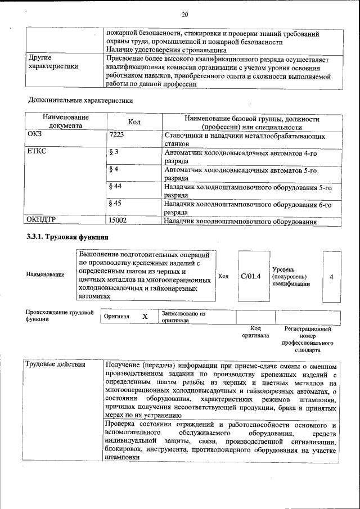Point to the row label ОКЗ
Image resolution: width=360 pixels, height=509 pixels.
coord(35,136)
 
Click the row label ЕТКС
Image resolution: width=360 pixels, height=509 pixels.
coord(37,152)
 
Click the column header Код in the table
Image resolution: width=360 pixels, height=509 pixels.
coord(134,122)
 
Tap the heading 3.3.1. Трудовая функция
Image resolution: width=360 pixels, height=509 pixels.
coord(67,237)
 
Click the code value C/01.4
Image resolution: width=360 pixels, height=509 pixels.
coord(250,276)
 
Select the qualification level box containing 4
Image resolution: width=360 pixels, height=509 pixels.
coord(331,277)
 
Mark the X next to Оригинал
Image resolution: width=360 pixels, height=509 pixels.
coord(145,317)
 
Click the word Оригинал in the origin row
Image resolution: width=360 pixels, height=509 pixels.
coord(117,317)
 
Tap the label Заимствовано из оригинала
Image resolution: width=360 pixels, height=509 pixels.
coord(183,317)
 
